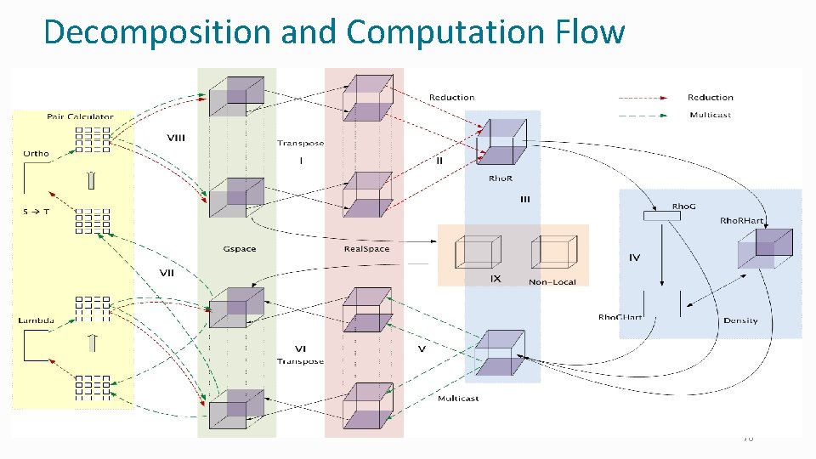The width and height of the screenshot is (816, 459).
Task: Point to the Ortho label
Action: (36, 154)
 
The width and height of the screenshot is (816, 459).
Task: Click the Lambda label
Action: (37, 320)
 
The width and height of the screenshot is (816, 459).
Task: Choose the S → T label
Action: (36, 211)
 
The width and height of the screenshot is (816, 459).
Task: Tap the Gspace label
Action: (239, 249)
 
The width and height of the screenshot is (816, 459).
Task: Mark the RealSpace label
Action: (366, 249)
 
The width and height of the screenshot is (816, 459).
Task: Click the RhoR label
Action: (501, 178)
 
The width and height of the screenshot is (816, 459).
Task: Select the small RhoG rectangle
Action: (662, 216)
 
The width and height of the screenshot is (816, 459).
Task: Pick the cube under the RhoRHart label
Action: (765, 249)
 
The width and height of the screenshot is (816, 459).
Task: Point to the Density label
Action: (740, 320)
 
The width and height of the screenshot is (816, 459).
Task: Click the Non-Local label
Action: (551, 282)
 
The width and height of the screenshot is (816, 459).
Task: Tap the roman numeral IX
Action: (496, 278)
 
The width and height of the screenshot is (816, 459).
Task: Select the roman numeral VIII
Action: (177, 138)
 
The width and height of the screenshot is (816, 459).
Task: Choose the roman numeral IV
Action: (634, 257)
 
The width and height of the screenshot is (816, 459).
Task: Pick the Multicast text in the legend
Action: (710, 115)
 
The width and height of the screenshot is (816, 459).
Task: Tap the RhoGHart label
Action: (620, 318)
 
